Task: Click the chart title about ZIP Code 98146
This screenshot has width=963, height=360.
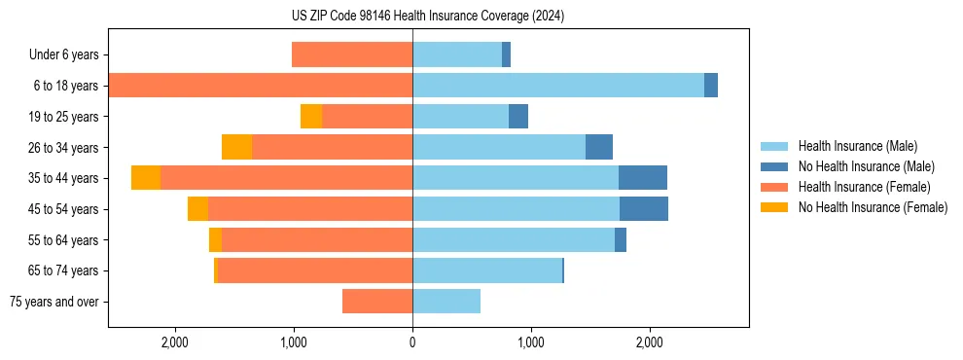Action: click(x=428, y=17)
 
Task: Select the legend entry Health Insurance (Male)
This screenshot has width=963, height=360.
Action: click(x=857, y=146)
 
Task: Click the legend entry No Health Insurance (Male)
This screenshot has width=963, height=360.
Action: click(x=866, y=166)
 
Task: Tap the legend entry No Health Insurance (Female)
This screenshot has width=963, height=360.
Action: click(x=873, y=207)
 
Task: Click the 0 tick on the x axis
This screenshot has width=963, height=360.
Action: click(x=412, y=342)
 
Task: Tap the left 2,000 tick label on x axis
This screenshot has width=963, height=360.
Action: click(x=175, y=342)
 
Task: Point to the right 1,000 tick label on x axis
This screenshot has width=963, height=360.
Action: click(x=531, y=342)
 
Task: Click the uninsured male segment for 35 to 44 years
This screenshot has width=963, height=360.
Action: click(x=643, y=178)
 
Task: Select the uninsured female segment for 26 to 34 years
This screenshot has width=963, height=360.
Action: click(x=236, y=147)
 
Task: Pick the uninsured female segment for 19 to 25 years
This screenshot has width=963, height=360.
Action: click(x=311, y=117)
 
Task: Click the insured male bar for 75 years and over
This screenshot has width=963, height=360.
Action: click(x=446, y=302)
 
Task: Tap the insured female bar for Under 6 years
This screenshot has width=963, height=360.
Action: click(x=352, y=55)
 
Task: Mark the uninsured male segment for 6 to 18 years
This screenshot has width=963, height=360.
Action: click(x=711, y=86)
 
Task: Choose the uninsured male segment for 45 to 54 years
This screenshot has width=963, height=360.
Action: click(x=644, y=209)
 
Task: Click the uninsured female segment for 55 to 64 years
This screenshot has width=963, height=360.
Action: click(x=215, y=240)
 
